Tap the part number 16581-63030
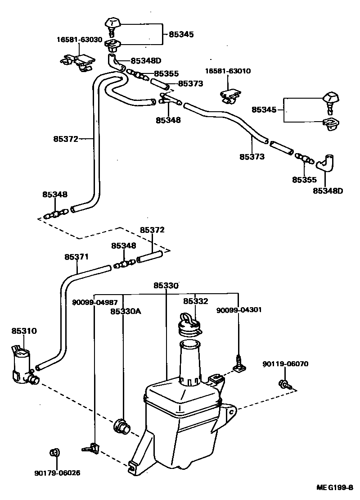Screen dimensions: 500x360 (x=79, y=40)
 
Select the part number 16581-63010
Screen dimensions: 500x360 (x=228, y=71)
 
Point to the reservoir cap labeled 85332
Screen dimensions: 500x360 (x=189, y=325)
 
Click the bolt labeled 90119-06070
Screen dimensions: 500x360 (x=285, y=384)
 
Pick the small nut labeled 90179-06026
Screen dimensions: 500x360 (x=54, y=453)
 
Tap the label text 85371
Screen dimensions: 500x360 (x=76, y=257)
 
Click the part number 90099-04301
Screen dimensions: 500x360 (x=238, y=310)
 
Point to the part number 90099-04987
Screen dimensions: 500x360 (x=95, y=302)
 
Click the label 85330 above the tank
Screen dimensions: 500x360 (x=166, y=286)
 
